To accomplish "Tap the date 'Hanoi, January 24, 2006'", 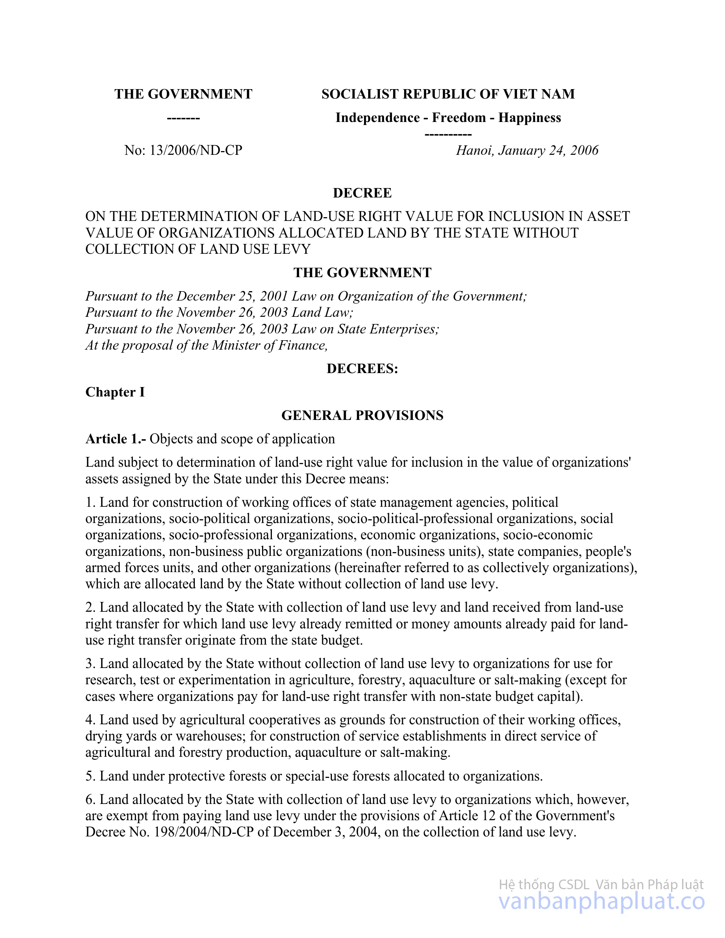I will point(527,150).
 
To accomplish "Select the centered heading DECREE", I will point(362,193).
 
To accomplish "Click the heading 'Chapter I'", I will point(115,392).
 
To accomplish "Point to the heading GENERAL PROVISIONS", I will point(362,415).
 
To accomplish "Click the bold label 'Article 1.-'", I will point(116,439).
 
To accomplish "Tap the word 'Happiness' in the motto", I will point(529,118).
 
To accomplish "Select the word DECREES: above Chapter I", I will point(362,369).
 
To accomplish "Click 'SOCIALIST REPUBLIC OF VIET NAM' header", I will point(448,94).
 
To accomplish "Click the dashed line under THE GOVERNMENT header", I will point(183,118).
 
